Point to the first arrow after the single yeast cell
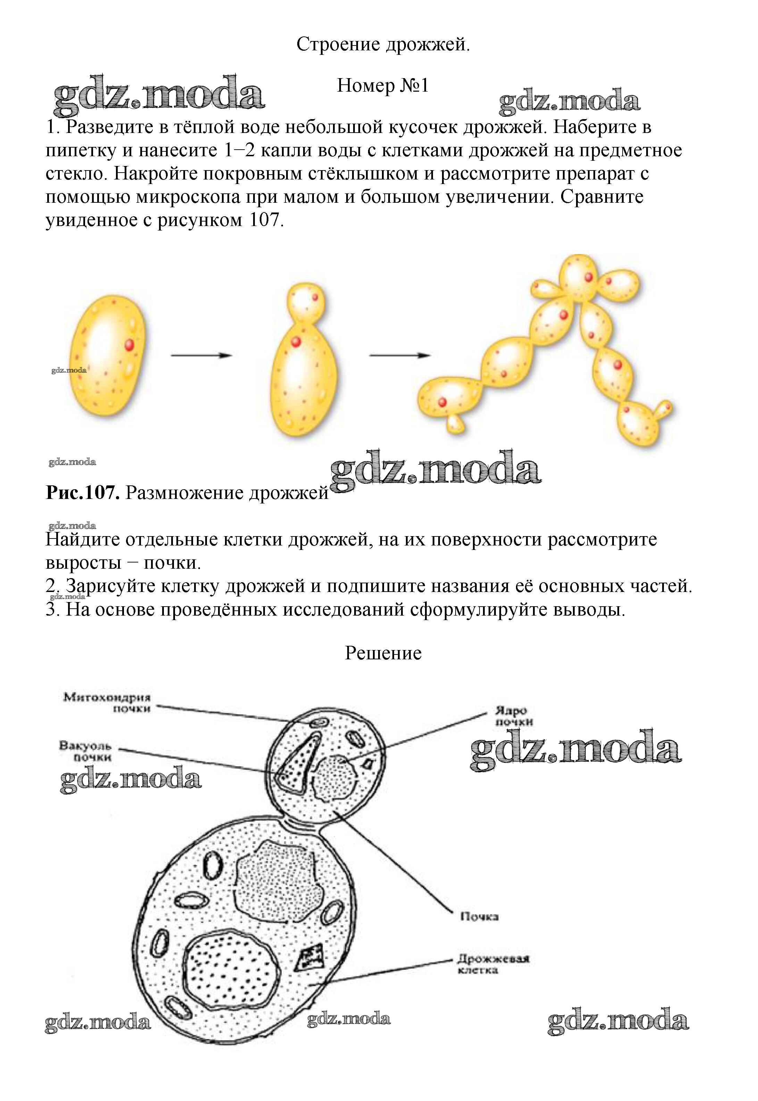201,355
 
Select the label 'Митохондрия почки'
107,703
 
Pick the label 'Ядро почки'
514,716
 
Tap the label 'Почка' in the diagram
479,917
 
